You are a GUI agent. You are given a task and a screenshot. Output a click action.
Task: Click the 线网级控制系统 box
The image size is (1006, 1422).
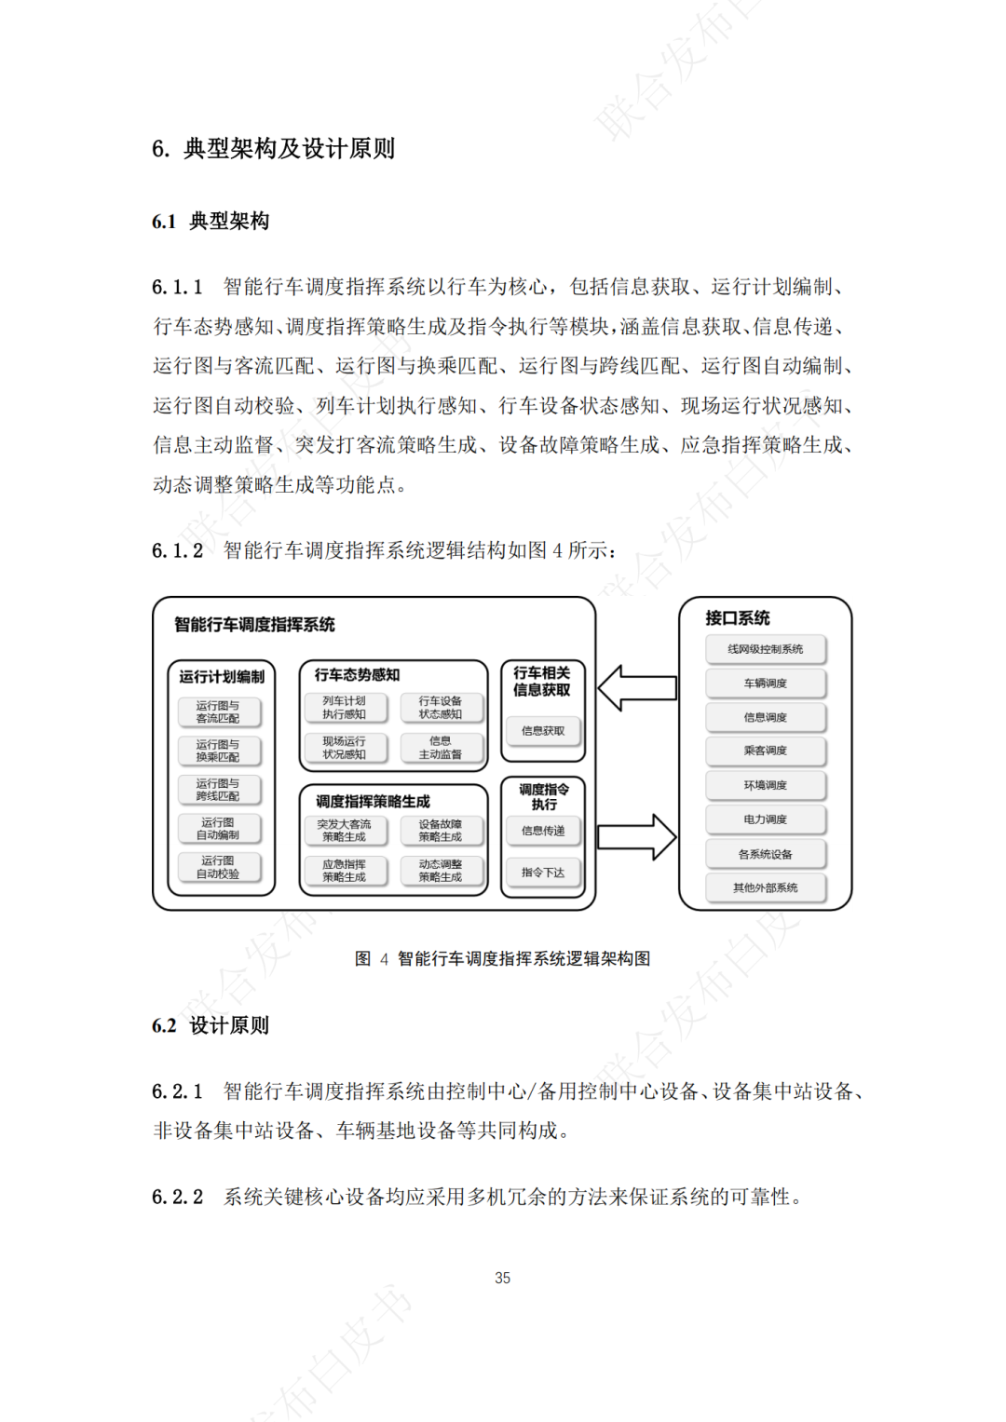(765, 649)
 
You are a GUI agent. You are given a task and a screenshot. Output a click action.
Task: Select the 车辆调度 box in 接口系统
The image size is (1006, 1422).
(765, 684)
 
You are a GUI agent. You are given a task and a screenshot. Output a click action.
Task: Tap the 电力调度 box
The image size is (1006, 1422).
(765, 819)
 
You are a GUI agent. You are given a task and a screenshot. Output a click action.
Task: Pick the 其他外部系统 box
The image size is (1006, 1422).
(765, 887)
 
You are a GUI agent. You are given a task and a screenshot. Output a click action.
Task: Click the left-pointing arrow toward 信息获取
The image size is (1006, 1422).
(637, 688)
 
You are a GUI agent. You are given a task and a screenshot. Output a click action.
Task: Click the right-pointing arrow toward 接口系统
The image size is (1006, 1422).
(637, 836)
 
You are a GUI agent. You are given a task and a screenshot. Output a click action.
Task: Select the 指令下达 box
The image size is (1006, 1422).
(543, 873)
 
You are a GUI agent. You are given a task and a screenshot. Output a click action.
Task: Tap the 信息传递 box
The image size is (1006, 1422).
(543, 831)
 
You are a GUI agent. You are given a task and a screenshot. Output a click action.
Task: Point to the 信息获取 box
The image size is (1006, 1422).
(543, 731)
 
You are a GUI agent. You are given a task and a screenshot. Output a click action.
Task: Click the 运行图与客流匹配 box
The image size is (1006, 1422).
(218, 712)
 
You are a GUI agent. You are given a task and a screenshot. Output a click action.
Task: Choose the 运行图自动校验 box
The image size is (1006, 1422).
(218, 867)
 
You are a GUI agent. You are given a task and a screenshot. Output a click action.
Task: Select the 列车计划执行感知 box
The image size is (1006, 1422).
(345, 708)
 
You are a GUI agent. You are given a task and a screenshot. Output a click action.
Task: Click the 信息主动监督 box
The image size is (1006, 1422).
(440, 748)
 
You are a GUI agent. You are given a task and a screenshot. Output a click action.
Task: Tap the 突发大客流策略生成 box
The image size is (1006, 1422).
(345, 831)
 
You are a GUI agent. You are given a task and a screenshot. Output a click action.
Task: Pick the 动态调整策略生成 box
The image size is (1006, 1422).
(440, 871)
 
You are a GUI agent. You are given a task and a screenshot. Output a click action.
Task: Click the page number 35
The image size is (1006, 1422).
(503, 1278)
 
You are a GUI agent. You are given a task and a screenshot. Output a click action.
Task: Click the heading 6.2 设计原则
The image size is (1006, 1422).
(211, 1025)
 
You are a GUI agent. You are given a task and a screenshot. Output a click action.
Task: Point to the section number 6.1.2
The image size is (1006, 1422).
(177, 550)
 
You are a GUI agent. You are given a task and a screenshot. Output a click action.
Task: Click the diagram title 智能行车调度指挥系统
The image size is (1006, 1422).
(254, 624)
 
